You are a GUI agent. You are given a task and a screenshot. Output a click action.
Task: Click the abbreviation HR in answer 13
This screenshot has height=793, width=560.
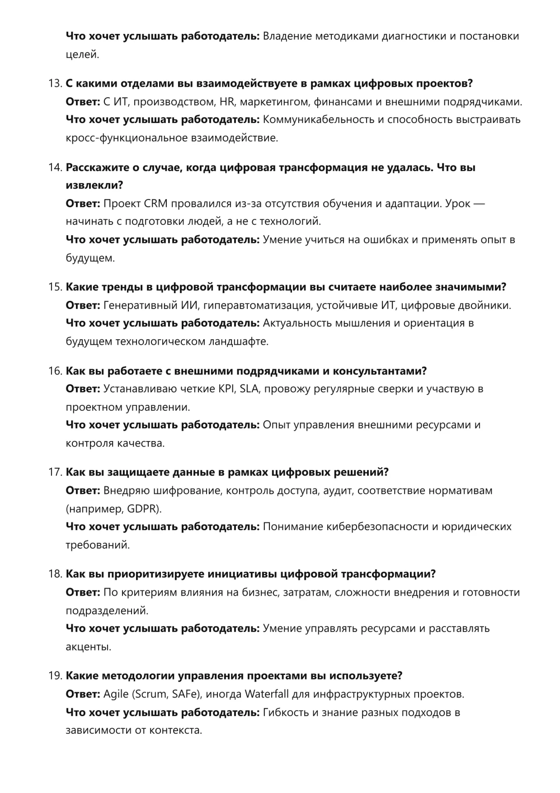pyautogui.click(x=227, y=102)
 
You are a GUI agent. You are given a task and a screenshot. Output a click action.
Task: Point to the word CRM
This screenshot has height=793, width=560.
pyautogui.click(x=155, y=204)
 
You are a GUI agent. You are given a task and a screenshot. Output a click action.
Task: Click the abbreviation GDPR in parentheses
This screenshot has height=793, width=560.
pyautogui.click(x=142, y=509)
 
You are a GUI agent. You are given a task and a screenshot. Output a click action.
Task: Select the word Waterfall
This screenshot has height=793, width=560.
pyautogui.click(x=267, y=694)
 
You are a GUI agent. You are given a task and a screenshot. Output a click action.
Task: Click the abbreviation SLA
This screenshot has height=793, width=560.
pyautogui.click(x=249, y=389)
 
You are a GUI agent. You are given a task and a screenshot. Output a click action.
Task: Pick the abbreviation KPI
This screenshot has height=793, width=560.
pyautogui.click(x=226, y=389)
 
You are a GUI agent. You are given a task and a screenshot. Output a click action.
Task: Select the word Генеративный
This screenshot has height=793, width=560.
pyautogui.click(x=139, y=305)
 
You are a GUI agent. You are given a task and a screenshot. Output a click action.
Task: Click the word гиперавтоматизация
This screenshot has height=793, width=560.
pyautogui.click(x=257, y=305)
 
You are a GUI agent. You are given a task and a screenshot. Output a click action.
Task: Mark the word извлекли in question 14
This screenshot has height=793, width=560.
pyautogui.click(x=94, y=185)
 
